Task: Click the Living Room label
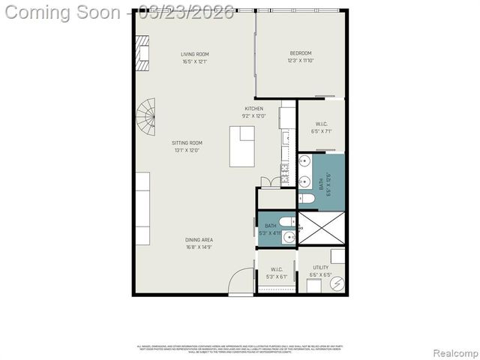[194, 54]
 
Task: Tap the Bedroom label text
[301, 53]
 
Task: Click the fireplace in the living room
[141, 55]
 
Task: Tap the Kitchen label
[253, 109]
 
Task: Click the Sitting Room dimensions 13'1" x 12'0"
[187, 150]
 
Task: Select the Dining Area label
[199, 240]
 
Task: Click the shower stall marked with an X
[322, 228]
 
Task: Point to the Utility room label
[320, 267]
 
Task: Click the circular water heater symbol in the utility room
[337, 284]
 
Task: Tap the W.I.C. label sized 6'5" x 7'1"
[321, 124]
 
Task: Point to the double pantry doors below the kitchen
[266, 182]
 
